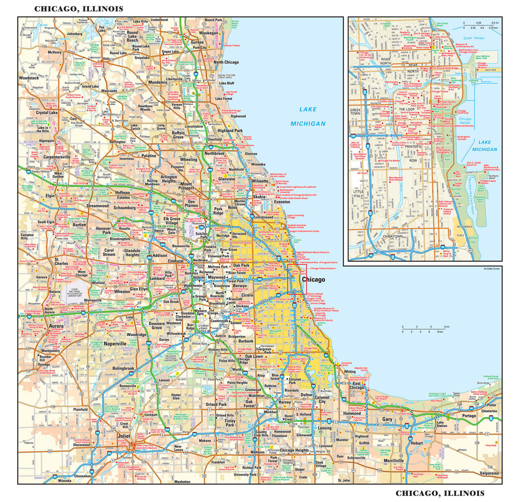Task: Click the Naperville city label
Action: click(x=115, y=343)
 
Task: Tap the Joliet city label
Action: click(x=124, y=436)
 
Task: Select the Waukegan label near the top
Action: click(x=208, y=33)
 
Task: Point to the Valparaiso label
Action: click(x=489, y=473)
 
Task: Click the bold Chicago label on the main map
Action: click(x=313, y=279)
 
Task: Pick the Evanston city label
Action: click(x=282, y=202)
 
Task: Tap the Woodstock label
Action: click(x=29, y=78)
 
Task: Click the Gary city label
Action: click(x=387, y=419)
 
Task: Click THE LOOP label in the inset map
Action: click(x=406, y=109)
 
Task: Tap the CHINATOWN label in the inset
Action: click(x=392, y=236)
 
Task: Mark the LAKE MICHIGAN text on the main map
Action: click(x=308, y=116)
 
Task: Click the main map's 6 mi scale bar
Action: click(x=425, y=329)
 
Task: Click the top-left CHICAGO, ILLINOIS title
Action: click(x=78, y=9)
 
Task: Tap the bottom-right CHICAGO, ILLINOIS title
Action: click(x=440, y=493)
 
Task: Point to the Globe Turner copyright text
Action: click(x=492, y=268)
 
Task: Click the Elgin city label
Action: click(x=50, y=195)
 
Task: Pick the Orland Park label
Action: click(x=216, y=404)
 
